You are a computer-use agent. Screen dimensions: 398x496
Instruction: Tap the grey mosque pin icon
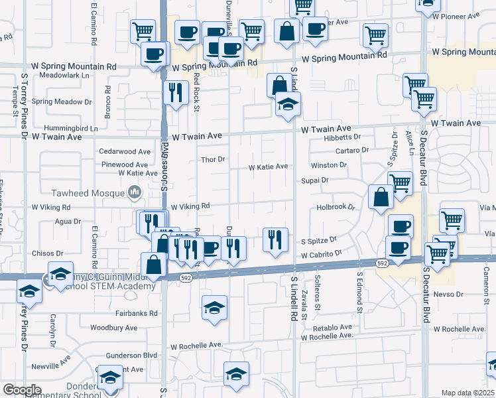135,193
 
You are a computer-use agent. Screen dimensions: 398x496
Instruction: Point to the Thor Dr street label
214,159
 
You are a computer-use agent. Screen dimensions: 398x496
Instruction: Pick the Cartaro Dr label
351,151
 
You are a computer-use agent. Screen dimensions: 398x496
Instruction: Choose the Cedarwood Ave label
123,151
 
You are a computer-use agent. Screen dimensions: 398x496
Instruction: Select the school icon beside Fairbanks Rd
214,308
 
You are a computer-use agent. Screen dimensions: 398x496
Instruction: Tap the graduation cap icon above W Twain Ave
288,103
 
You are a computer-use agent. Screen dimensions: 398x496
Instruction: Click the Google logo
21,390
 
